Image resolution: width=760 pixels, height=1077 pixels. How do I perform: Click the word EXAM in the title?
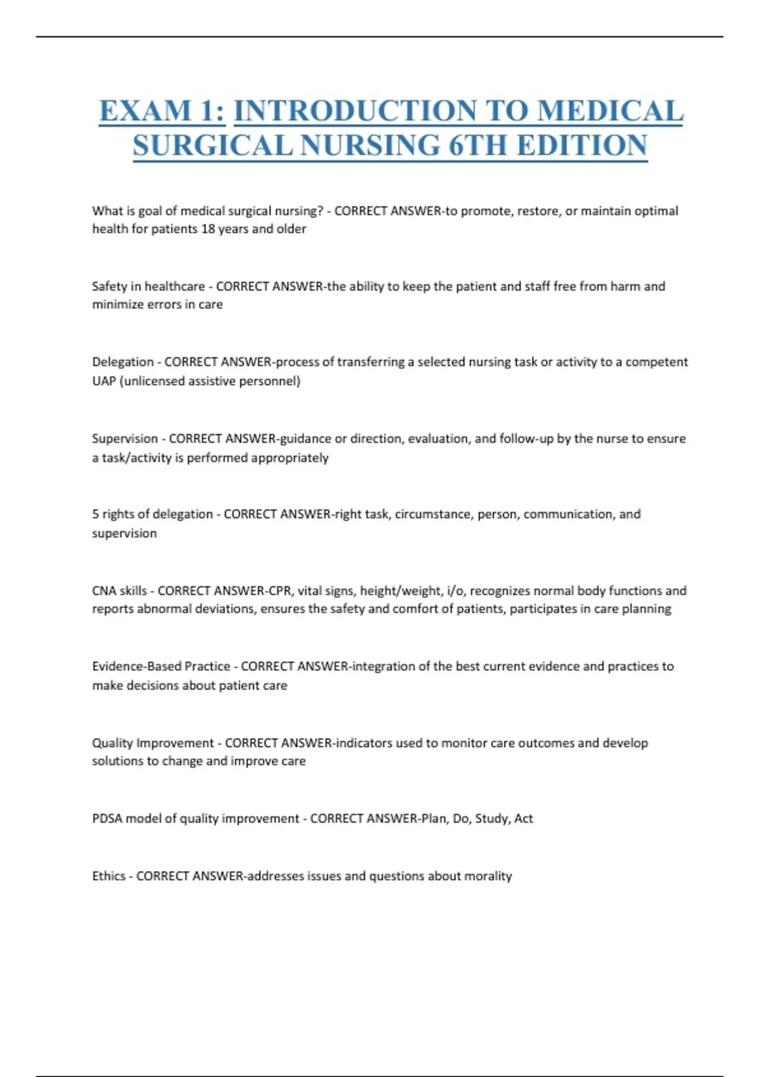pos(145,112)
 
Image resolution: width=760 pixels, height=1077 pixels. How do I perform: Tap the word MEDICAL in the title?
pos(610,112)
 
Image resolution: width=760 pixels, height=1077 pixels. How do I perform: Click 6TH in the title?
pos(479,146)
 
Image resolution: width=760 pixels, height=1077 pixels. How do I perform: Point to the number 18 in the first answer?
pos(208,229)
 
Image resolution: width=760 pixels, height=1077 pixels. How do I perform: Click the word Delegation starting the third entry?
pos(123,362)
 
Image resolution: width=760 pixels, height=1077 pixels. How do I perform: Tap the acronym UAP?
pos(103,381)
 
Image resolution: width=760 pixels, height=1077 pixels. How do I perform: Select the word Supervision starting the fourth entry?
pos(125,438)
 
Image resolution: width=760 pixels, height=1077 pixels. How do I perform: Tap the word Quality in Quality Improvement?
pos(112,742)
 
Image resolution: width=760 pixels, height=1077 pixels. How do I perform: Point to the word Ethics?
pos(108,876)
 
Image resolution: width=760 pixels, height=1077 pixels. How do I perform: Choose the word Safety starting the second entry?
pos(110,286)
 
